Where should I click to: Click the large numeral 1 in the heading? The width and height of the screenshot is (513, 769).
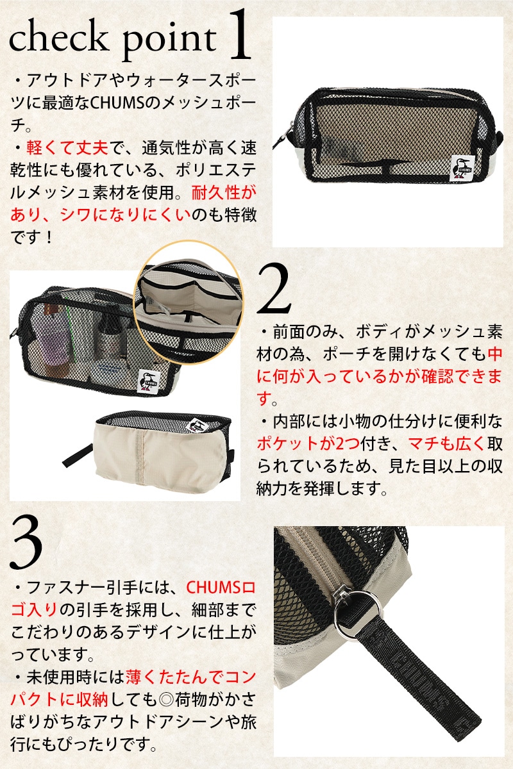[x=239, y=35]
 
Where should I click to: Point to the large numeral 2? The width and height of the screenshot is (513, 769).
[x=274, y=289]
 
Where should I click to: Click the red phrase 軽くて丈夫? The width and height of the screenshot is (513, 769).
[x=67, y=147]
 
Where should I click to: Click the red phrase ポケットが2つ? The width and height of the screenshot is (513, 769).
[x=308, y=444]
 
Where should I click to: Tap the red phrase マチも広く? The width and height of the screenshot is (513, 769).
[x=446, y=444]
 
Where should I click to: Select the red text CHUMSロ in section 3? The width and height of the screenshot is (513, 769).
[x=221, y=588]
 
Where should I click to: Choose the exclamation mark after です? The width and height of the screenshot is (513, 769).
[x=49, y=237]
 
